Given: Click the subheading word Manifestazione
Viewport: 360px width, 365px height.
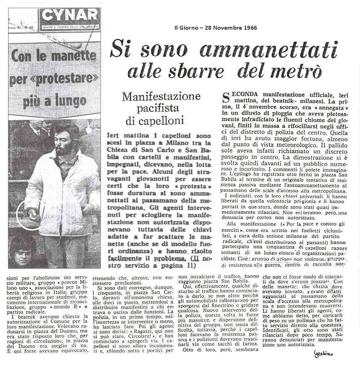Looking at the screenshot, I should [x=161, y=97].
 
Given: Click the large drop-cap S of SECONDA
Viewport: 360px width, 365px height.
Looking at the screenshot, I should [x=226, y=97].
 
